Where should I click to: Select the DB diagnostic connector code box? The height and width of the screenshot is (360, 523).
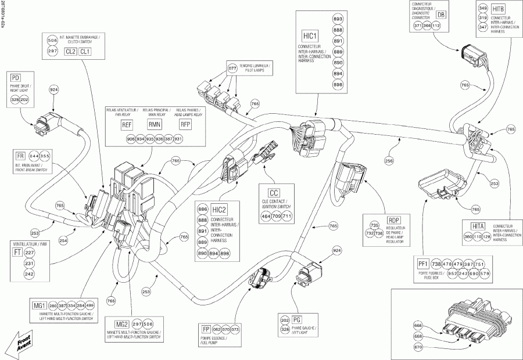441,15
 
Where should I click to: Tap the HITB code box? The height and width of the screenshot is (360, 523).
498,9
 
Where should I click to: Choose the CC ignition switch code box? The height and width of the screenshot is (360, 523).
274,193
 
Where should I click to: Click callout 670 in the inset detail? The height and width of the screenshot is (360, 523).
402,347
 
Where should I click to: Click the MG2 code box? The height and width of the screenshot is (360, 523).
122,324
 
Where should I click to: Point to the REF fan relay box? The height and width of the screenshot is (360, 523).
127,125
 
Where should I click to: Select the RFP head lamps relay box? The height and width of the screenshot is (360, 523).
185,125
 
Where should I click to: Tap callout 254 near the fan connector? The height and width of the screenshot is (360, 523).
63,240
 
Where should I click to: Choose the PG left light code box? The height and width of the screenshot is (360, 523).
297,319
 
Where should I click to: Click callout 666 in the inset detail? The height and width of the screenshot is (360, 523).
402,325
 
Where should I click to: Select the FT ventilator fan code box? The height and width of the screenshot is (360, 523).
18,253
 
